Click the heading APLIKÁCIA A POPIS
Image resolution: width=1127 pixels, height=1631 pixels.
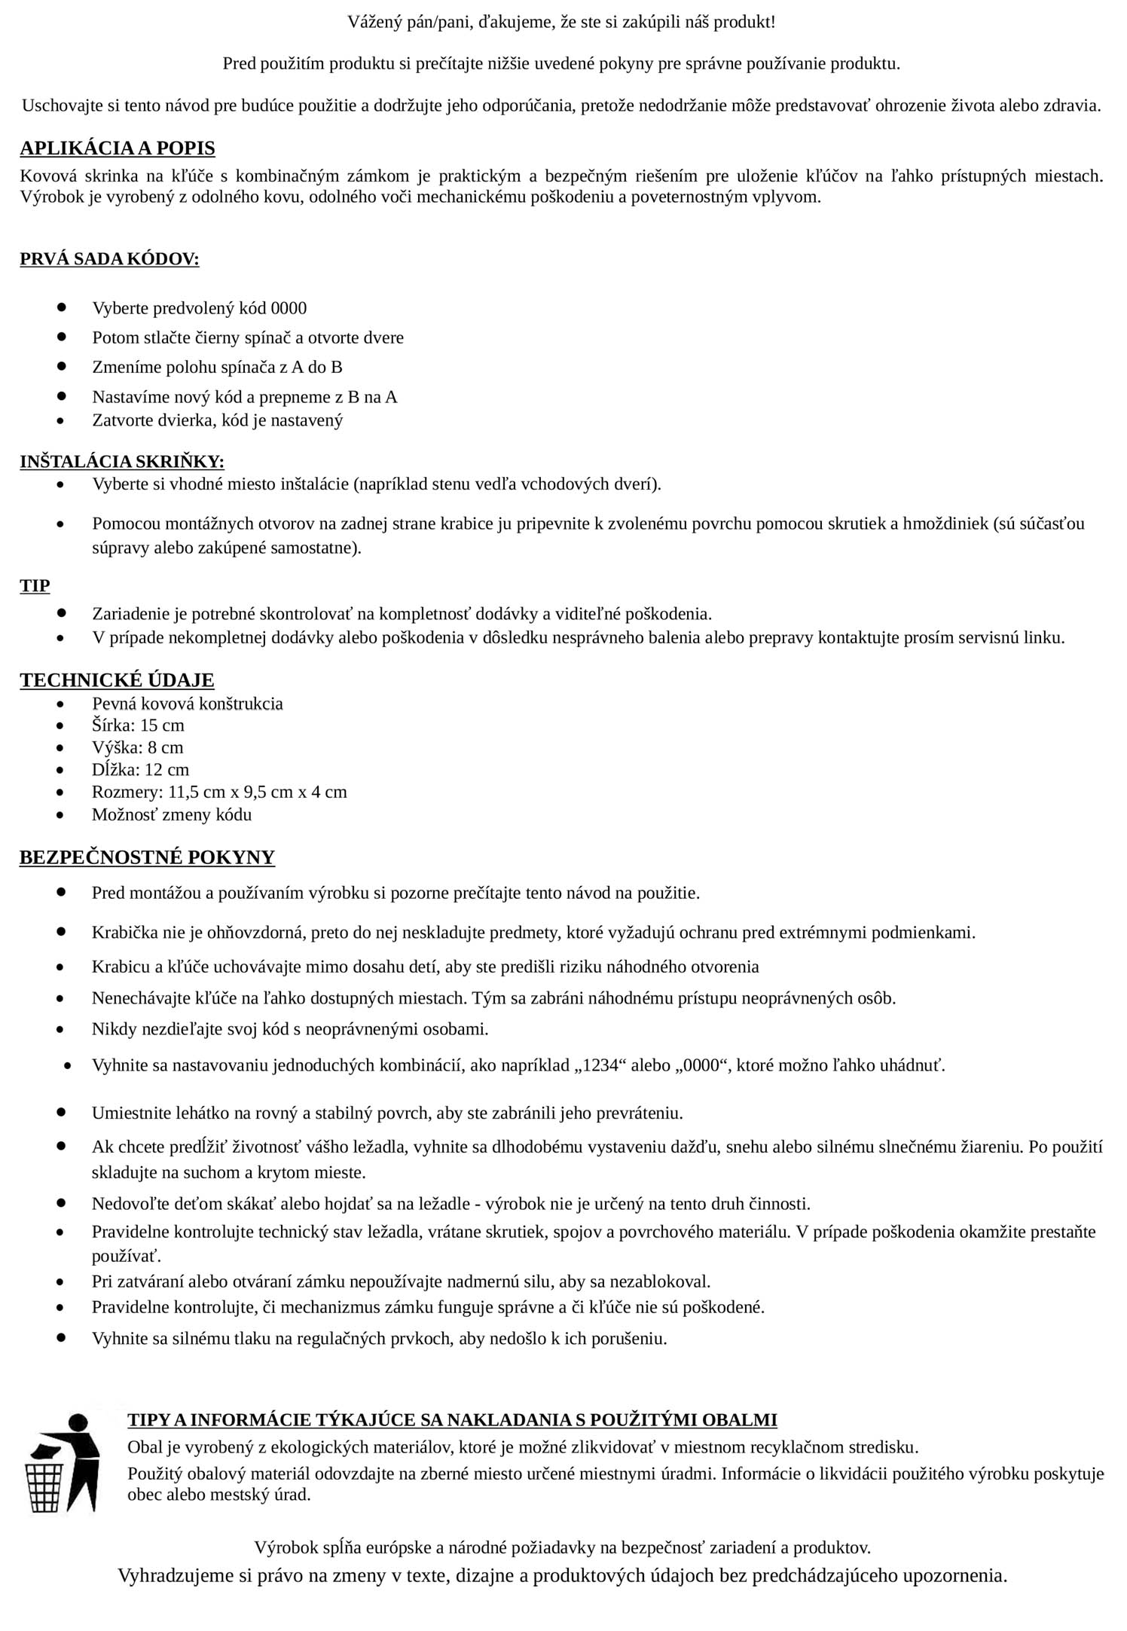click(118, 148)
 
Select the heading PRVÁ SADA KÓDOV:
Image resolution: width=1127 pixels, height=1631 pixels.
click(109, 259)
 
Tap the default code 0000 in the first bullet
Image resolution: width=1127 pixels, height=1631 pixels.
click(289, 308)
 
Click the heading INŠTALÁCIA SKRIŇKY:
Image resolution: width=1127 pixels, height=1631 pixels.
click(122, 461)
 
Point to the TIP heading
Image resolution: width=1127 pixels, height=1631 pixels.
click(35, 585)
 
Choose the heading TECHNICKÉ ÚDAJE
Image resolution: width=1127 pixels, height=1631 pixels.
click(117, 680)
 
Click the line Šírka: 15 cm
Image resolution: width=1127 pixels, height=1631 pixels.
click(138, 725)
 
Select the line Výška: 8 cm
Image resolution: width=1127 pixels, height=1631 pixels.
click(137, 747)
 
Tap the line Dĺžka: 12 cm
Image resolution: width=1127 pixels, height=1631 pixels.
click(140, 770)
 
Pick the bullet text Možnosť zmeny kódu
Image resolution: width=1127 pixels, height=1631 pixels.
click(172, 814)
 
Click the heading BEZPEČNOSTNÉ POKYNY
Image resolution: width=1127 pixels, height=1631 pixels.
click(147, 857)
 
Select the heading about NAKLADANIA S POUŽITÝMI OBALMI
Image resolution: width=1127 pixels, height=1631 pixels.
click(452, 1420)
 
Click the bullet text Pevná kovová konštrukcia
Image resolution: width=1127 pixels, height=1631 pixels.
click(188, 704)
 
